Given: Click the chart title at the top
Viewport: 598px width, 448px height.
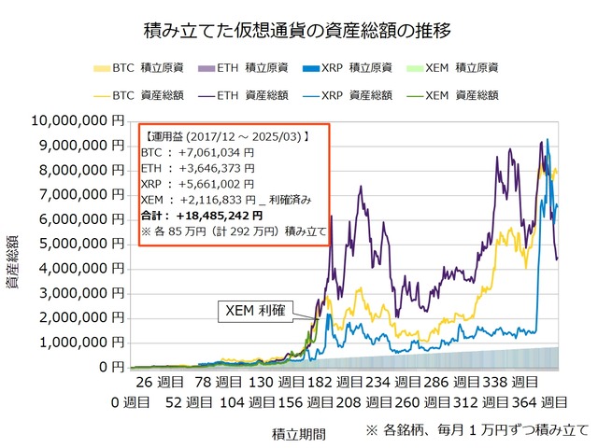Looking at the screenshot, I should point(299,30).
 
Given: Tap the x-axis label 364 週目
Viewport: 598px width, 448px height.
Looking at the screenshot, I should point(542,402).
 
